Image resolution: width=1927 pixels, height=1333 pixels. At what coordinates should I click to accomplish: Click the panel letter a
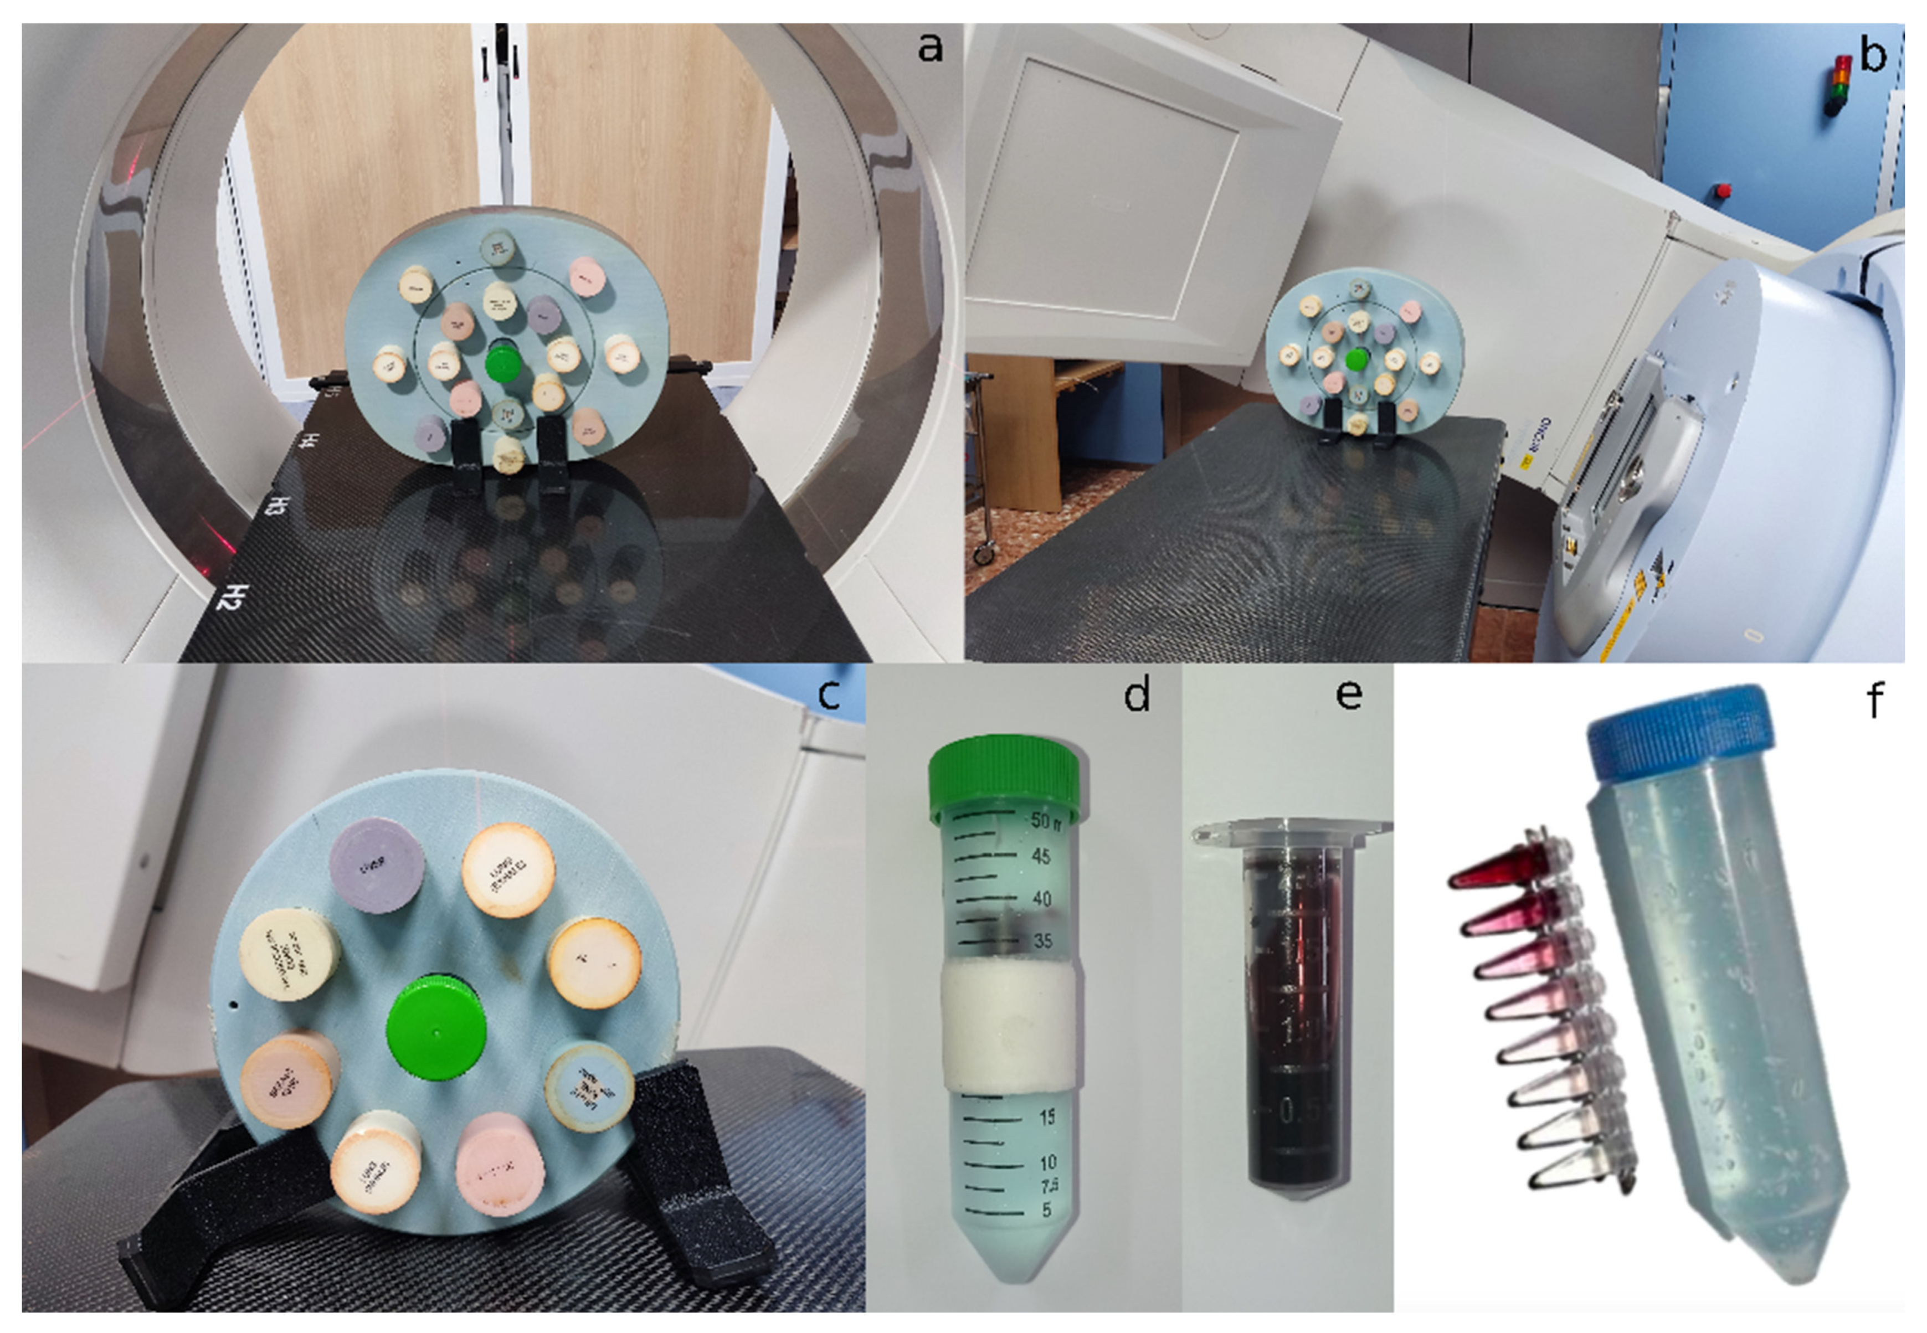[929, 48]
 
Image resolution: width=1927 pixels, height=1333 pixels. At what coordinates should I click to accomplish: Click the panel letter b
[1873, 55]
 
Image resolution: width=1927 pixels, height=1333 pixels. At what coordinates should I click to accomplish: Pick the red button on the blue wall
[1723, 191]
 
